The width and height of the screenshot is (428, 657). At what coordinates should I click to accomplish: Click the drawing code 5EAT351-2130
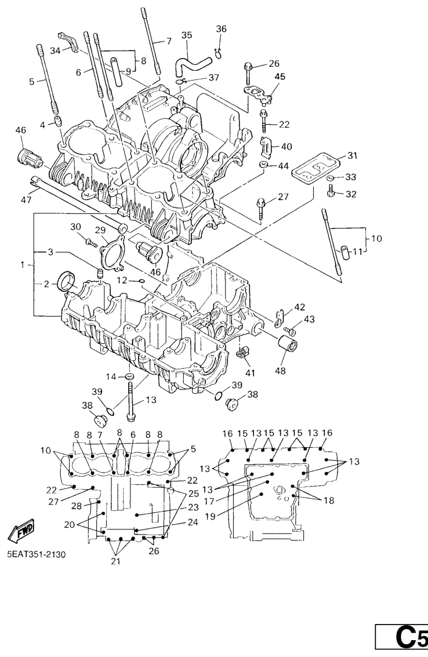pyautogui.click(x=37, y=554)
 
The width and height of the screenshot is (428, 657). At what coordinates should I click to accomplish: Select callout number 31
pyautogui.click(x=353, y=155)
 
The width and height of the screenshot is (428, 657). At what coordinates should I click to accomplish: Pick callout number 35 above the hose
pyautogui.click(x=186, y=35)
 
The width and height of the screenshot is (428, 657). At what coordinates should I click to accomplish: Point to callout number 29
pyautogui.click(x=100, y=230)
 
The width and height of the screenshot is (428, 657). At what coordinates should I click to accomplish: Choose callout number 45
pyautogui.click(x=280, y=77)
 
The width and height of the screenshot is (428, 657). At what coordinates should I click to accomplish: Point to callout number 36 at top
pyautogui.click(x=222, y=29)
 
